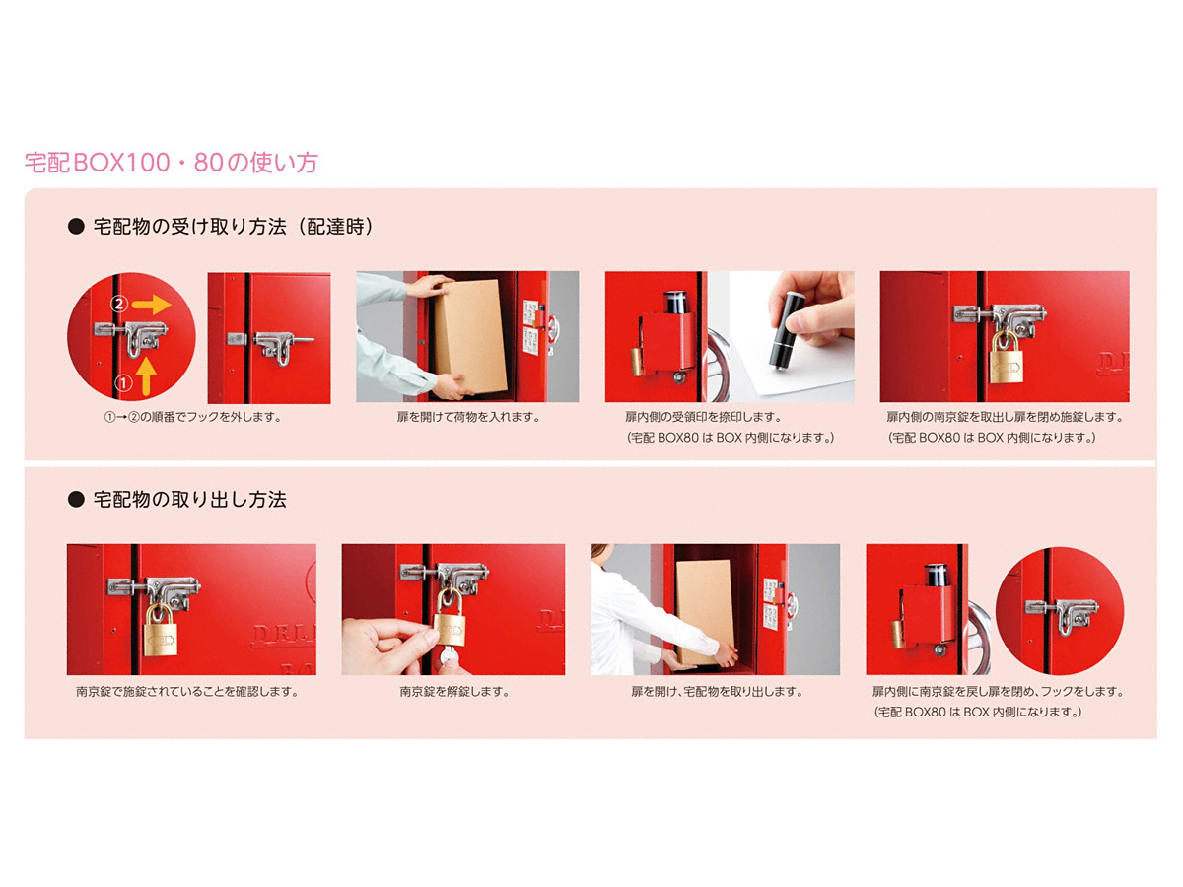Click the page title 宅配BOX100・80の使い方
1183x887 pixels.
coord(172,163)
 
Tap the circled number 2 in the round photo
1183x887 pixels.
coord(118,305)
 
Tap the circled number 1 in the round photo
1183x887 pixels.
coord(124,383)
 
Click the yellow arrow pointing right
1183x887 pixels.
coord(152,305)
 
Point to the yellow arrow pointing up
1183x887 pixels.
coord(146,377)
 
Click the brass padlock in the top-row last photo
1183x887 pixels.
coord(1006,358)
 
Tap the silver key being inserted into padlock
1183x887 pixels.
coord(447,656)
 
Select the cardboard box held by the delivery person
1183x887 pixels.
coord(469,337)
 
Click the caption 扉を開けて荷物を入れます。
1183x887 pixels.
coord(468,417)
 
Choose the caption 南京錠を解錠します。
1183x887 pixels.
coord(453,692)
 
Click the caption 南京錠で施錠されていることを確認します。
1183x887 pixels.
coord(187,692)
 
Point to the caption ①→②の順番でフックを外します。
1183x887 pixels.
coord(192,417)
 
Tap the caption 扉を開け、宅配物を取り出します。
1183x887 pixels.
coord(717,692)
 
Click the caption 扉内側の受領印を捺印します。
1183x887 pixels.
coord(703,417)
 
